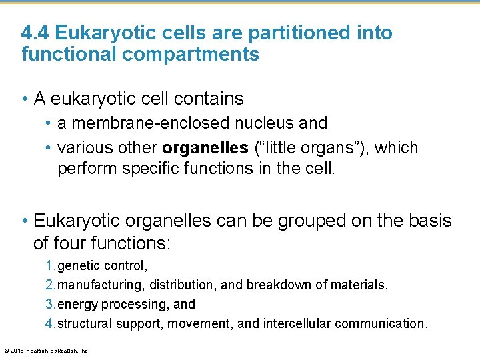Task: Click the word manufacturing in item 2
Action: tap(101, 285)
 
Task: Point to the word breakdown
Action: tap(279, 285)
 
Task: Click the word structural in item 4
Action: tap(85, 323)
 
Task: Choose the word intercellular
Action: tap(297, 323)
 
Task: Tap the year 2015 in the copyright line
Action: tap(17, 350)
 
